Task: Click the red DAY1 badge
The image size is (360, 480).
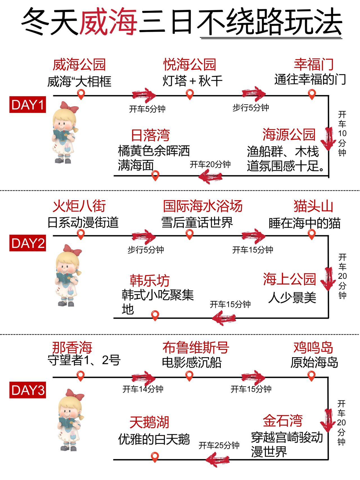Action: (28, 105)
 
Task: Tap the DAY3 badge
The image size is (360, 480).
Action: (28, 390)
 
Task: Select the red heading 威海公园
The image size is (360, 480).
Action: (79, 65)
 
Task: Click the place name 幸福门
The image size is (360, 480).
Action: (314, 64)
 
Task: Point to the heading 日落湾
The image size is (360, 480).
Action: (150, 135)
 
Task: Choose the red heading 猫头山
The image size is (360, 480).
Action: (313, 206)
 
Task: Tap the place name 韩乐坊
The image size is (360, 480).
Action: (150, 280)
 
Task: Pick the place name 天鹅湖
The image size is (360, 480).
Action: (149, 422)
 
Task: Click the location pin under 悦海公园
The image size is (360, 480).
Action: (190, 94)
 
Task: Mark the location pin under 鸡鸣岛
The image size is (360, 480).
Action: (311, 376)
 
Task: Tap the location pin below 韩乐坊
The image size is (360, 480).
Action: (155, 315)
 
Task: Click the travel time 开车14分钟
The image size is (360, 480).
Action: (143, 389)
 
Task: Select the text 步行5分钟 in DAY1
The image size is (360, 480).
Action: (251, 108)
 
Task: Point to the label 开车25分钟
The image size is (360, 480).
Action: (219, 445)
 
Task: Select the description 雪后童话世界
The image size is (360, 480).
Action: (197, 223)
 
